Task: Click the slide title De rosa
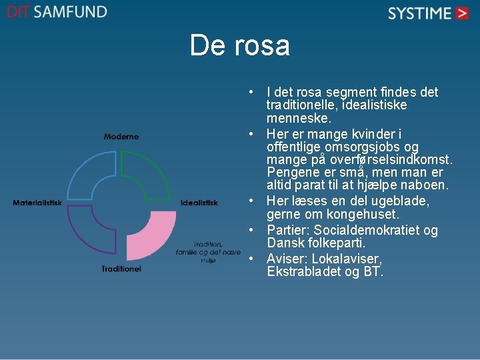click(239, 46)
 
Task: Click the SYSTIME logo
click(429, 13)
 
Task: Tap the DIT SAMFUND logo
click(57, 12)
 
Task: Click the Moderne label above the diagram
click(121, 137)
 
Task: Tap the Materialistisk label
click(37, 203)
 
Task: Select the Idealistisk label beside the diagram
click(199, 203)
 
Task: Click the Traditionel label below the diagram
click(121, 269)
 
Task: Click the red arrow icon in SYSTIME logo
click(462, 13)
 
